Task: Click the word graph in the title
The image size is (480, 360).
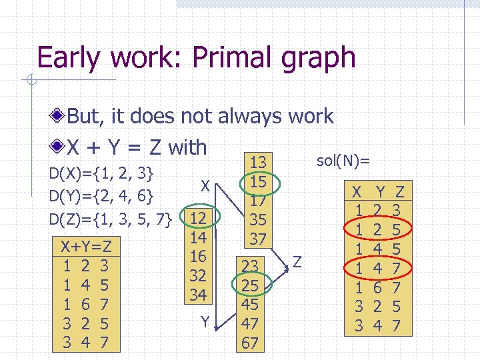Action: point(318,58)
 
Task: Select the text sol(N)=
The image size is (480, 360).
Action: point(343,161)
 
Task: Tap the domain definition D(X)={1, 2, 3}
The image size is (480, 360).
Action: point(103,175)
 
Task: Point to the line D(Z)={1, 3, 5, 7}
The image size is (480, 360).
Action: point(111,218)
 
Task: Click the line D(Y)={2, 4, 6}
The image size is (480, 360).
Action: point(103,197)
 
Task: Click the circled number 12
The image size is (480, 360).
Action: point(198,218)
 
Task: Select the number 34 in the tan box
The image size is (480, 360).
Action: point(198,294)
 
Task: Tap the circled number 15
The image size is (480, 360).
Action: point(258,181)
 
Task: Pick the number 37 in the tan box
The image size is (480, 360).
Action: point(258,238)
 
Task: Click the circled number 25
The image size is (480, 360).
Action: point(250,285)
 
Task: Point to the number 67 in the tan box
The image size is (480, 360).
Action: point(250,343)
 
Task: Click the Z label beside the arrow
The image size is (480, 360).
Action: point(297,262)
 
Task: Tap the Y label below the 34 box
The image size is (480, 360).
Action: point(206,323)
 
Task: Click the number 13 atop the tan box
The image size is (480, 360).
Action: point(258,162)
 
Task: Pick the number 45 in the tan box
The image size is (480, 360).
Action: point(250,305)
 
